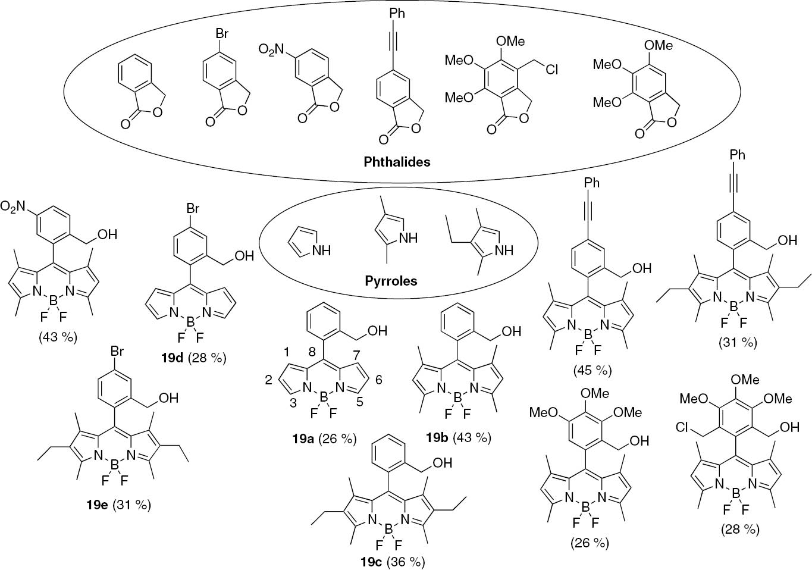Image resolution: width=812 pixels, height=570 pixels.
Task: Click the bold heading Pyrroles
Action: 391,280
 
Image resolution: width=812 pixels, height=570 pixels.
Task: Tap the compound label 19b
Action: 438,437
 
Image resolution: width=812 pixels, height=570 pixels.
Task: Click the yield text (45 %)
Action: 592,370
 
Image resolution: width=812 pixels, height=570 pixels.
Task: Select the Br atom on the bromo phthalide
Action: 221,34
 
